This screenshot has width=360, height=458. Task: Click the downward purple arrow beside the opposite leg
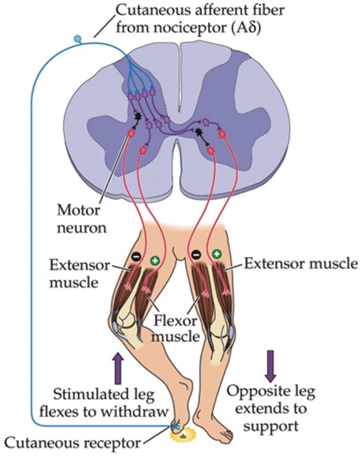270,366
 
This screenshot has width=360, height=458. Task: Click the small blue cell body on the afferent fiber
78,38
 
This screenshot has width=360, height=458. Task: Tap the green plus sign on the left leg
155,260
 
